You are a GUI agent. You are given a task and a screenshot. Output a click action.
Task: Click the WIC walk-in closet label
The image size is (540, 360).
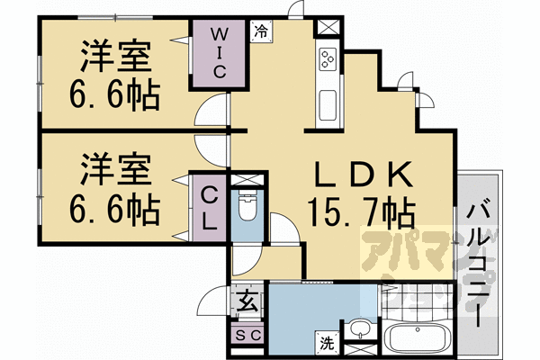[219, 51]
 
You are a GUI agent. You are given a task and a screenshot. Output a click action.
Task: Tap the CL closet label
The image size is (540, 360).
[208, 207]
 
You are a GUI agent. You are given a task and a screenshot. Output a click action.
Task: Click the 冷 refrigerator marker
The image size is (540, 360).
[260, 30]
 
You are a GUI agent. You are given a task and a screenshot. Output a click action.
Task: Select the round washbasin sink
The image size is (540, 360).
[359, 328]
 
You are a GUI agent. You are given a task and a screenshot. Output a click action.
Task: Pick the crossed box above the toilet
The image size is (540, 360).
[246, 180]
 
